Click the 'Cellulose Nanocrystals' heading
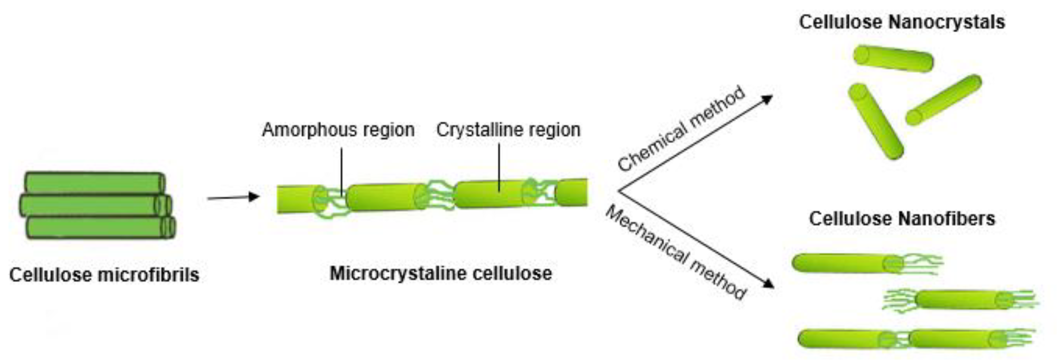coord(902,22)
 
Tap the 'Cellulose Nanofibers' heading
coord(902,219)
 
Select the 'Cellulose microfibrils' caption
coord(104,275)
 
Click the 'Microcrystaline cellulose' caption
coord(441,273)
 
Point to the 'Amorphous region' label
coord(338,130)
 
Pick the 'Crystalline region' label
coord(508,130)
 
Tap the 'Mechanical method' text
coord(675,252)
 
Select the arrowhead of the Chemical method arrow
coord(767,99)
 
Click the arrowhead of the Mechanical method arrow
coord(768,284)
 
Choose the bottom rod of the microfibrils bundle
coord(98,228)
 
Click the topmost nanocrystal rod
coord(893,58)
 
